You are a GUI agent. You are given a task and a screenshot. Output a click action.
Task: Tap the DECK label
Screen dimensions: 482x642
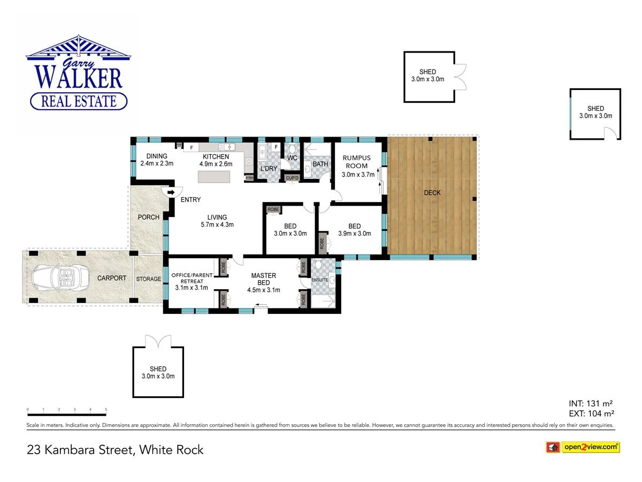coord(432,193)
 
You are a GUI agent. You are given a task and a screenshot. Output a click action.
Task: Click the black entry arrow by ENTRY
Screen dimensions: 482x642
coord(171,192)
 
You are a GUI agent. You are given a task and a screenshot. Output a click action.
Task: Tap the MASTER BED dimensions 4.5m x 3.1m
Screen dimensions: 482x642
coord(264,290)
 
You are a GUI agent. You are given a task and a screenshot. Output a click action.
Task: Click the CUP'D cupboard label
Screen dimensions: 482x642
coord(292,178)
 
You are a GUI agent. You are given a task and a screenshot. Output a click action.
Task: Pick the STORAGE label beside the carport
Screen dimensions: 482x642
coord(148,279)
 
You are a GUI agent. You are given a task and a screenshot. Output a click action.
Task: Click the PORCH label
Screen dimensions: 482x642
coord(148,217)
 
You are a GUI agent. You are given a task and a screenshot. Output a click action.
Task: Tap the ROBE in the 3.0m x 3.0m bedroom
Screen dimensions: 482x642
coord(273,209)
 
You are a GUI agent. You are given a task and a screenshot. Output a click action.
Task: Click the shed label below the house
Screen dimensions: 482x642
coord(158,372)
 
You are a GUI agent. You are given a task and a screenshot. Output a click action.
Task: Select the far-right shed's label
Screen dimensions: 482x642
coord(595,112)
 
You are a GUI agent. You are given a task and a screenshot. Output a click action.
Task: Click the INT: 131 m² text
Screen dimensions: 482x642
coord(591,403)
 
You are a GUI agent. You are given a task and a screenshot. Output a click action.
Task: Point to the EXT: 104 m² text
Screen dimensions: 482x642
coord(591,413)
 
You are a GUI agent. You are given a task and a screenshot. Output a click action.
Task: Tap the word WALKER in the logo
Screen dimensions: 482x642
coord(79,77)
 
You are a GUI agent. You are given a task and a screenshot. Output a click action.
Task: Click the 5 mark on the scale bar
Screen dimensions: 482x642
coord(106,410)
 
